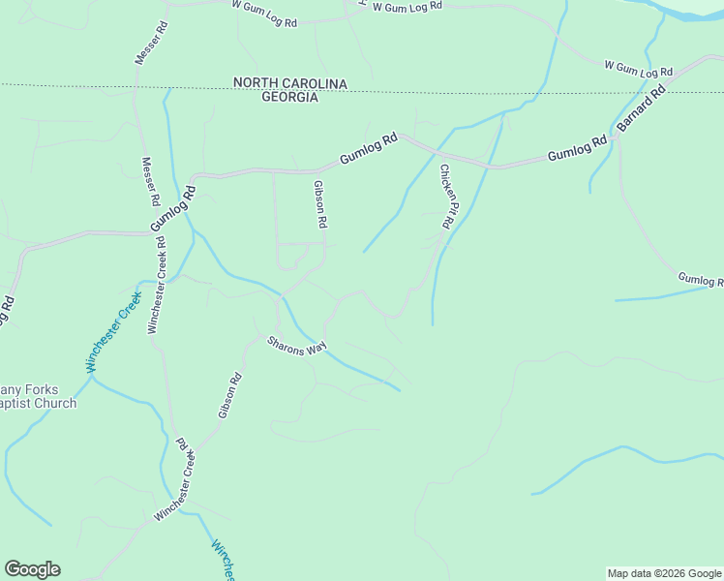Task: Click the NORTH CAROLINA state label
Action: (x=289, y=83)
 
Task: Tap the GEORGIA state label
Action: (x=289, y=98)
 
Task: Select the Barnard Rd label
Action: (x=641, y=107)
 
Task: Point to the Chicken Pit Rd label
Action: (x=447, y=197)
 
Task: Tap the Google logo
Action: (x=32, y=569)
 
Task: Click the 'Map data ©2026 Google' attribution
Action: (x=664, y=573)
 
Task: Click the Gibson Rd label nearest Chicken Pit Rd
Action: (x=320, y=204)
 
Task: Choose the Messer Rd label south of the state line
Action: (x=151, y=182)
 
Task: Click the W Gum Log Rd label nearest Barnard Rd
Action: (x=638, y=69)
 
